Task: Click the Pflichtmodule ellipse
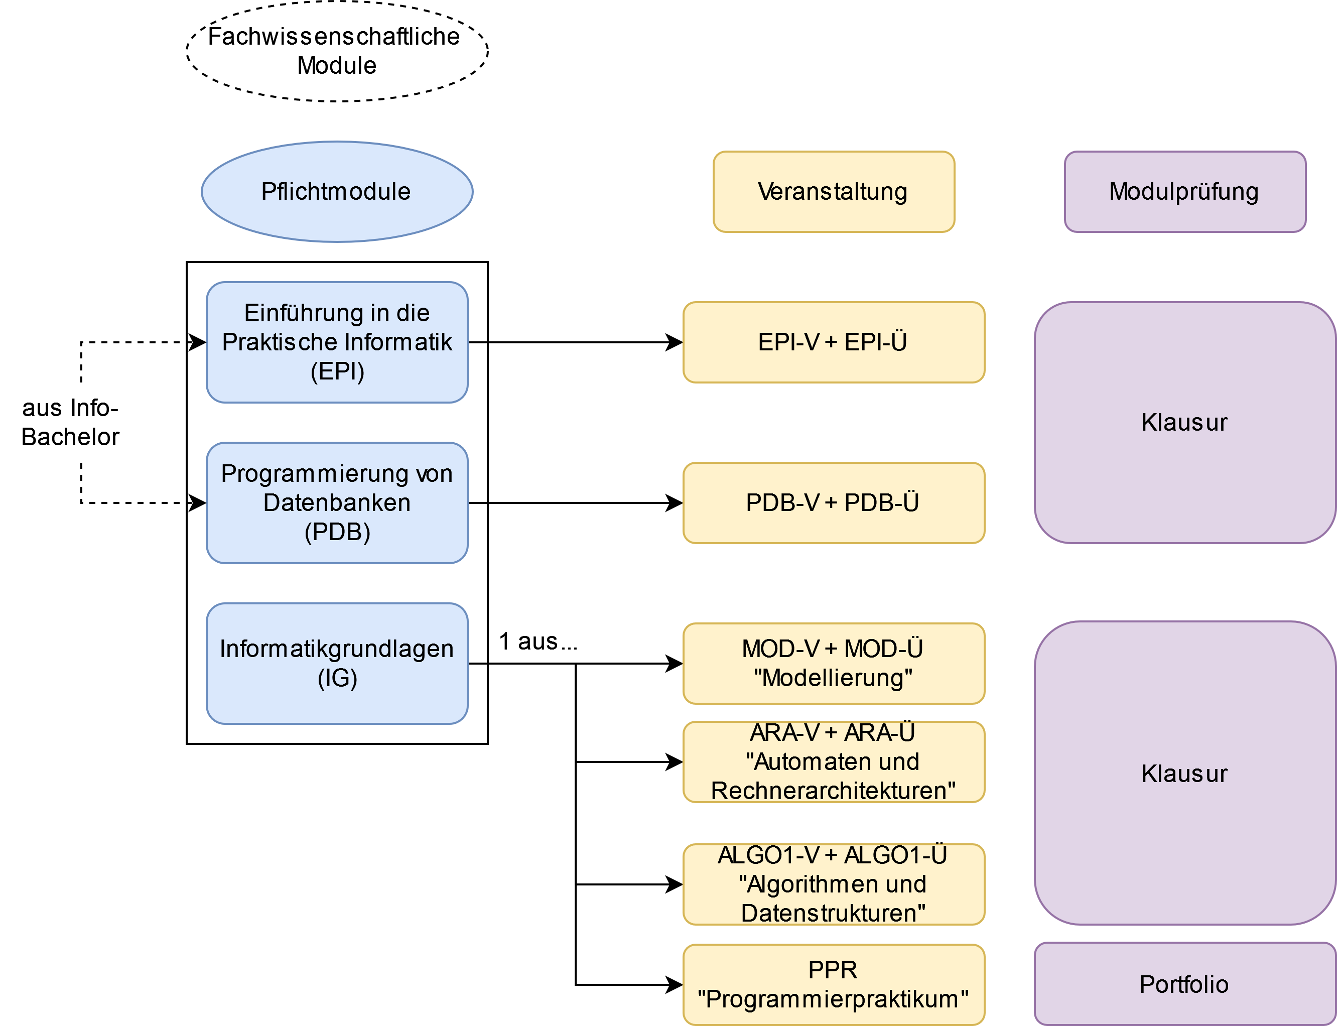click(x=337, y=192)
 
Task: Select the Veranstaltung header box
click(x=833, y=192)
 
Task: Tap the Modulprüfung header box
click(x=1184, y=192)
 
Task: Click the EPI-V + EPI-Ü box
click(x=833, y=342)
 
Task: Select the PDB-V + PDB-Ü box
click(x=833, y=502)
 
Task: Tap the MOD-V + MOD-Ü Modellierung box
click(x=833, y=663)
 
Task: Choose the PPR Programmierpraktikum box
click(x=833, y=984)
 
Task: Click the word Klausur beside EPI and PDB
click(x=1184, y=423)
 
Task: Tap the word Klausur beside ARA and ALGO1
click(x=1184, y=774)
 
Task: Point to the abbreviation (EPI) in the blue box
click(x=337, y=371)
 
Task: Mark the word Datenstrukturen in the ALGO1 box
click(x=833, y=914)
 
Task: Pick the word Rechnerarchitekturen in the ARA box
click(x=833, y=791)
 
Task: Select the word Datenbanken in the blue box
click(x=337, y=502)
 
